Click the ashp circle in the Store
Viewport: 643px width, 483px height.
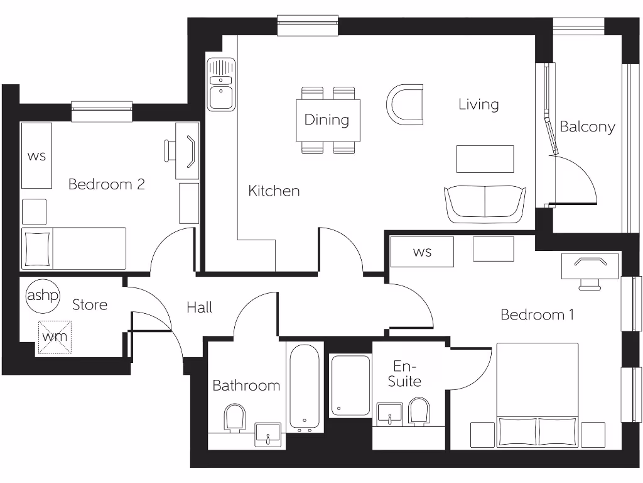click(x=42, y=296)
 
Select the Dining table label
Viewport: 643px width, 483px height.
click(x=327, y=119)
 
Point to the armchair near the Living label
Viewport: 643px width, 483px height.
click(x=404, y=103)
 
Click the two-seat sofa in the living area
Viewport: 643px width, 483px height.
click(x=485, y=204)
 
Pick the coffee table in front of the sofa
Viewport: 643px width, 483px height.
click(x=485, y=158)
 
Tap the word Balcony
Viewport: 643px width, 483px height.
click(x=587, y=126)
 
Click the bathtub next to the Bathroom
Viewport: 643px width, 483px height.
click(x=305, y=387)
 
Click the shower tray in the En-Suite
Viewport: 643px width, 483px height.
click(x=350, y=385)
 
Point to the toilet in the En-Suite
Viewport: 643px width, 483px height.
click(x=419, y=412)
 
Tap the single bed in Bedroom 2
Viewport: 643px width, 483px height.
click(x=74, y=248)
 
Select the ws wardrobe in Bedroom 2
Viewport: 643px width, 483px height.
click(x=36, y=155)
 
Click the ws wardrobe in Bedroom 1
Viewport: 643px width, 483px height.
click(x=422, y=252)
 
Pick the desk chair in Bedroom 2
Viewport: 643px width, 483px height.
click(x=171, y=150)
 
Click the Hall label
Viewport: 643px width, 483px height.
click(x=199, y=308)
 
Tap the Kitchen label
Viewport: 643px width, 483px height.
click(x=274, y=191)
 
